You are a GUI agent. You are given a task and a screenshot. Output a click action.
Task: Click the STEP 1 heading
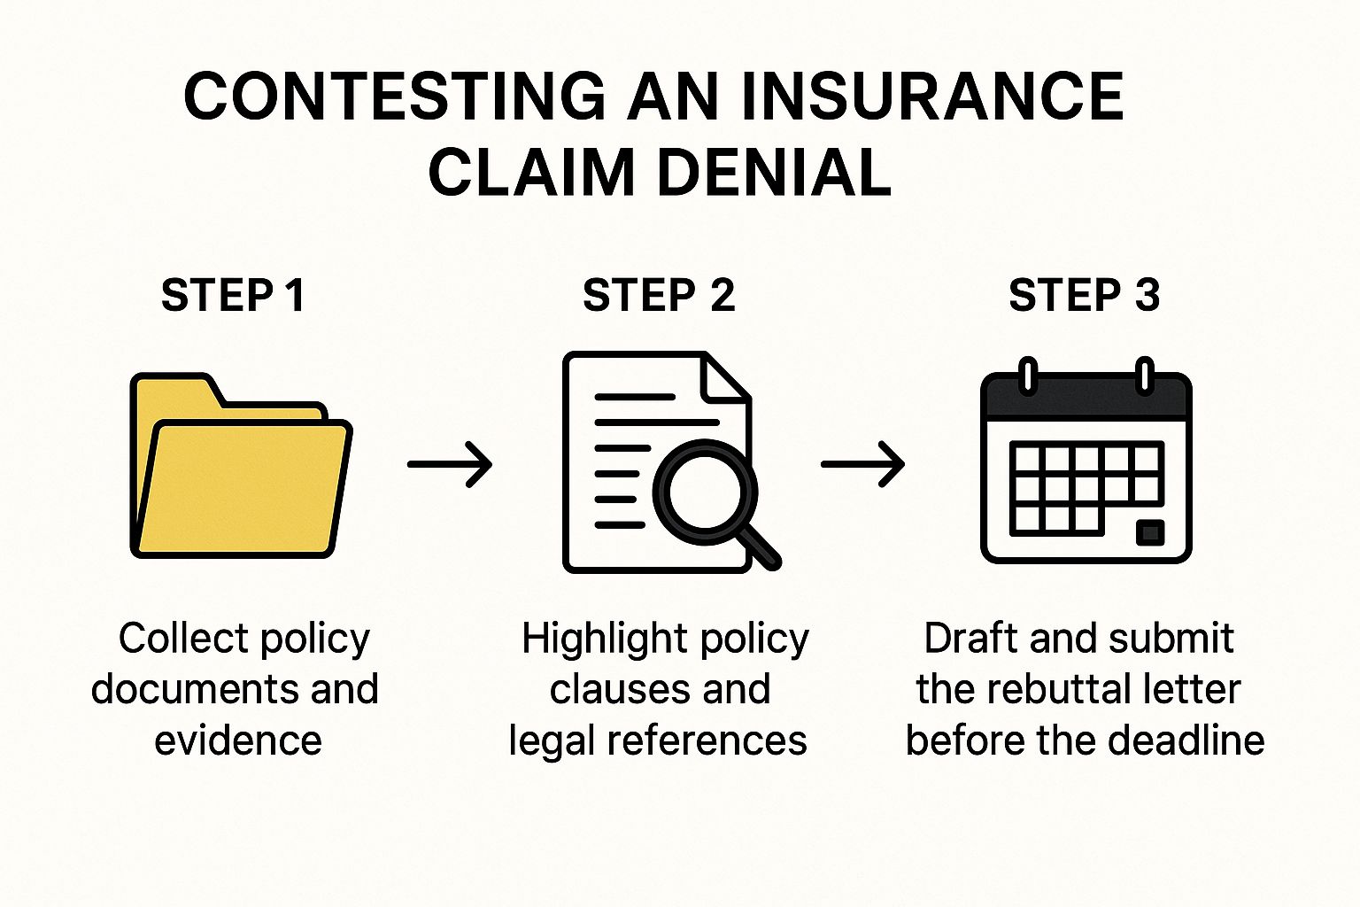pyautogui.click(x=233, y=295)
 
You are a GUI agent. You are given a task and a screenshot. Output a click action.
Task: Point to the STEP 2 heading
pyautogui.click(x=659, y=295)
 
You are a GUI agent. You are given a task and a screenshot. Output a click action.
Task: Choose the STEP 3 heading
pyautogui.click(x=1084, y=295)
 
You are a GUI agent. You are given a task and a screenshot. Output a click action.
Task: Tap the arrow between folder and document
pyautogui.click(x=450, y=463)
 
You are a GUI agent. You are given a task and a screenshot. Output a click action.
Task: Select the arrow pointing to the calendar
pyautogui.click(x=862, y=463)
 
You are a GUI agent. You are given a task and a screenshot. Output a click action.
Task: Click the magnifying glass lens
pyautogui.click(x=704, y=492)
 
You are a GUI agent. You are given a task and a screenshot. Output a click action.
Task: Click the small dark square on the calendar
pyautogui.click(x=1149, y=531)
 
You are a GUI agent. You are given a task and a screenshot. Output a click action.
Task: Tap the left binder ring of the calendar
pyautogui.click(x=1027, y=375)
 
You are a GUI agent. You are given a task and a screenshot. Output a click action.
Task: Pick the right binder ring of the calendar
pyautogui.click(x=1144, y=375)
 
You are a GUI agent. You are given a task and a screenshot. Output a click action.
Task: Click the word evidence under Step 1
pyautogui.click(x=238, y=740)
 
